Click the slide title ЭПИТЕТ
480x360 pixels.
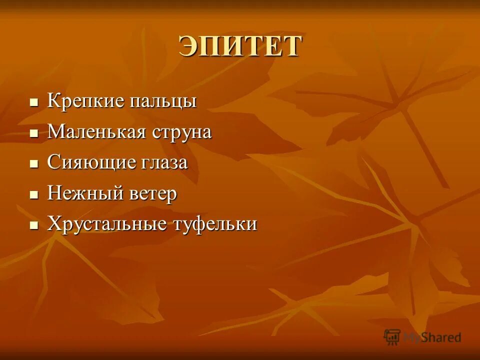pyautogui.click(x=240, y=46)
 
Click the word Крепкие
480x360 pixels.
pyautogui.click(x=86, y=101)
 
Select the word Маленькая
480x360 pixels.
pyautogui.click(x=96, y=132)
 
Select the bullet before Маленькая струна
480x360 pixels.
pyautogui.click(x=34, y=133)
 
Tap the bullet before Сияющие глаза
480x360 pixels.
pyautogui.click(x=34, y=164)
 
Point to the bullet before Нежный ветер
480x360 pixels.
pyautogui.click(x=34, y=194)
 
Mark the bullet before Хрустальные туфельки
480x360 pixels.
pyautogui.click(x=34, y=225)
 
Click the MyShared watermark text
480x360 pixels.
pyautogui.click(x=432, y=337)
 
